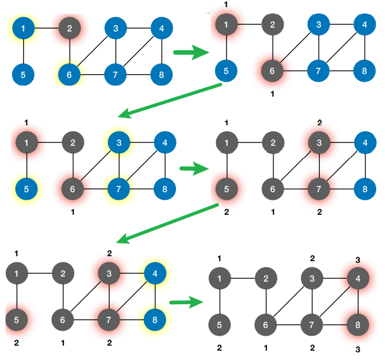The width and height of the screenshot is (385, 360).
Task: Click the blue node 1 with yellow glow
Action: click(x=23, y=28)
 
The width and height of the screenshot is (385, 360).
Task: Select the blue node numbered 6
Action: click(x=69, y=75)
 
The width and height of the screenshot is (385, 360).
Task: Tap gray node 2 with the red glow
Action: click(x=69, y=28)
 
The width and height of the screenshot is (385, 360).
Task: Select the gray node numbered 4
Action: click(x=358, y=278)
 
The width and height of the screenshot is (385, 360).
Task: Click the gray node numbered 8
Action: click(x=358, y=325)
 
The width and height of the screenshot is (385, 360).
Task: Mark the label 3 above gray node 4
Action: click(x=358, y=260)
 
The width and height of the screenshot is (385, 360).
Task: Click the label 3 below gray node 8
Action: click(x=358, y=349)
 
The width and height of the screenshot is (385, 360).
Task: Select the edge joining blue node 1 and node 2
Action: click(x=46, y=28)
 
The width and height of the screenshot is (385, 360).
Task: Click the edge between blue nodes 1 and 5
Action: click(x=23, y=51)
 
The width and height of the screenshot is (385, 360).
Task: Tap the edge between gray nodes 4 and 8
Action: click(x=358, y=301)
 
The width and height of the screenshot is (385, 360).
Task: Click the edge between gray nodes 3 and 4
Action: click(x=335, y=278)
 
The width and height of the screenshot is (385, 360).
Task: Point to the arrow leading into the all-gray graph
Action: click(x=184, y=303)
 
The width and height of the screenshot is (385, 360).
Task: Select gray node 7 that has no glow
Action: click(x=312, y=325)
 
